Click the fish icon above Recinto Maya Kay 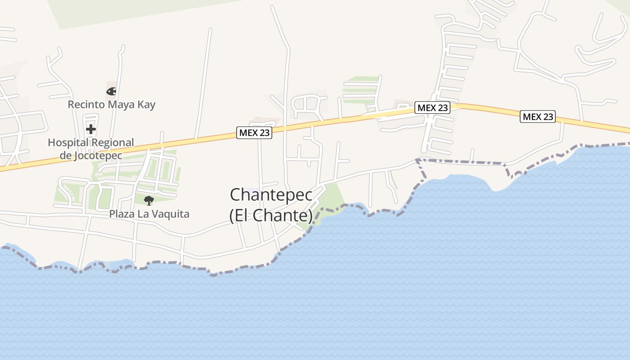pyautogui.click(x=111, y=91)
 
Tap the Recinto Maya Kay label pyautogui.click(x=112, y=105)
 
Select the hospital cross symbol pyautogui.click(x=91, y=130)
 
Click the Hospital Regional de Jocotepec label pyautogui.click(x=91, y=149)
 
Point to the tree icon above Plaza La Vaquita pyautogui.click(x=148, y=200)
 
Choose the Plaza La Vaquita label pyautogui.click(x=149, y=214)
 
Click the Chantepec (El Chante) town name pyautogui.click(x=271, y=205)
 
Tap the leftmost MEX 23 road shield pyautogui.click(x=254, y=133)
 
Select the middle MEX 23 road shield pyautogui.click(x=432, y=108)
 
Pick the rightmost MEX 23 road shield pyautogui.click(x=538, y=117)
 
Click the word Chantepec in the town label pyautogui.click(x=271, y=195)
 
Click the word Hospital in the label pyautogui.click(x=67, y=143)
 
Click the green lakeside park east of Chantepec pyautogui.click(x=332, y=198)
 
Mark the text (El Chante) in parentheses pyautogui.click(x=271, y=216)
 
